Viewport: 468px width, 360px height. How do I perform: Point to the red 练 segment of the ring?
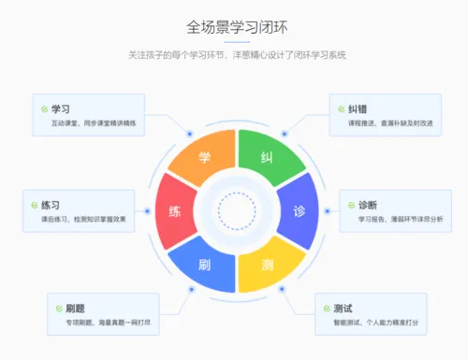click(x=174, y=210)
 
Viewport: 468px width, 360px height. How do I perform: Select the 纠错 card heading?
click(x=354, y=108)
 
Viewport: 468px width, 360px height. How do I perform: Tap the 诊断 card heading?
click(x=368, y=206)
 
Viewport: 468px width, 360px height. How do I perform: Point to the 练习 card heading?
click(x=51, y=205)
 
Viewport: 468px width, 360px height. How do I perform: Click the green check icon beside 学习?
click(x=44, y=108)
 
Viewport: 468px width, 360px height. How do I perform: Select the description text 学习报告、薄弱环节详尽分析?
click(x=401, y=222)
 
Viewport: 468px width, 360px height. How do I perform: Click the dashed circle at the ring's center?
click(x=236, y=211)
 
